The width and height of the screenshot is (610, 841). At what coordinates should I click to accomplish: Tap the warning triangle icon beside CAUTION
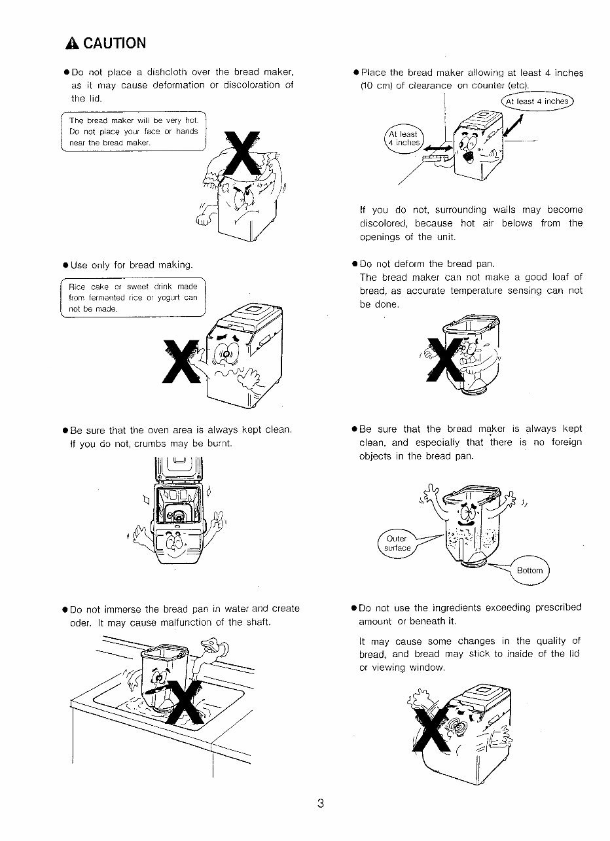[x=72, y=44]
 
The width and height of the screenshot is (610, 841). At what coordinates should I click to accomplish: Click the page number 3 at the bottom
[x=321, y=804]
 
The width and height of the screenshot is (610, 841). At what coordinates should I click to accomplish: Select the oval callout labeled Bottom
[x=529, y=570]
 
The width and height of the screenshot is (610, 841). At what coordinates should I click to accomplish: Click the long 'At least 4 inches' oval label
[x=537, y=101]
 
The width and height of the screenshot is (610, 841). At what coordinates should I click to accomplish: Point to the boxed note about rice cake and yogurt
[x=134, y=298]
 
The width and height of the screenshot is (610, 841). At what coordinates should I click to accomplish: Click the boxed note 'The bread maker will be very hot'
[x=134, y=132]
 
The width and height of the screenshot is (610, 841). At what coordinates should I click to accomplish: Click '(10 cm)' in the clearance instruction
[x=377, y=86]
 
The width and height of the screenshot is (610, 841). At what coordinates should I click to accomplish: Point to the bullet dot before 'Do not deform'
[x=354, y=264]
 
